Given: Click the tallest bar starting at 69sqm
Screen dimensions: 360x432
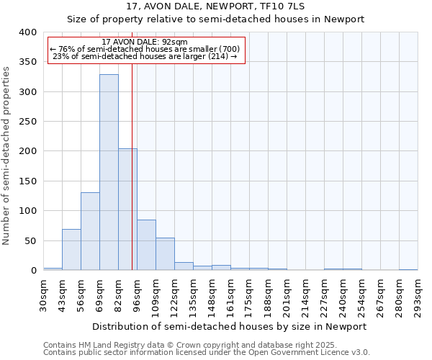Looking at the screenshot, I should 109,173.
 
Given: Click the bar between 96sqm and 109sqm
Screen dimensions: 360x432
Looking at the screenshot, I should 146,245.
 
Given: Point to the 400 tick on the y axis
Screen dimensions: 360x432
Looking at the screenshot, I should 27,32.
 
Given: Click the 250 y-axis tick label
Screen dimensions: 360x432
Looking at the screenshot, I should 27,122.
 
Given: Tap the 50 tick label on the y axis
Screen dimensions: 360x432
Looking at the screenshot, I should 30,240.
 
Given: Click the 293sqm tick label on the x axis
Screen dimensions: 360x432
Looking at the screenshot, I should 418,294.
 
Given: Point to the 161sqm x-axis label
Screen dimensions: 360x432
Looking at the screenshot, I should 231,294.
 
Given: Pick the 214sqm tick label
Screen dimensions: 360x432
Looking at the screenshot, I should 305,294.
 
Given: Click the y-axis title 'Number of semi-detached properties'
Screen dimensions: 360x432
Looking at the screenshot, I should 7,156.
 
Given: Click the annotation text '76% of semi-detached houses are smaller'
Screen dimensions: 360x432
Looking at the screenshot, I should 147,49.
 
